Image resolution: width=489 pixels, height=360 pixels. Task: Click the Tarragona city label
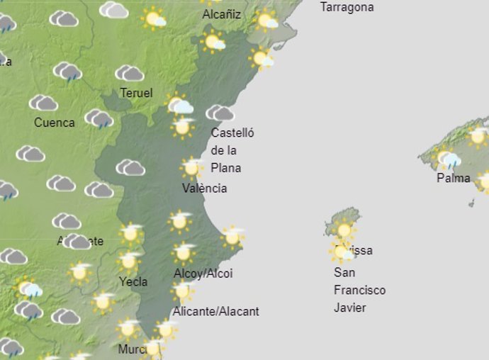pos(347,7)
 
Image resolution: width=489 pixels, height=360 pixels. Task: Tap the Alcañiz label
pos(221,14)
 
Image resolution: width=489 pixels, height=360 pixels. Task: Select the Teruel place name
pos(136,93)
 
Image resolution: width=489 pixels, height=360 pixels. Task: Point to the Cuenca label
pos(54,123)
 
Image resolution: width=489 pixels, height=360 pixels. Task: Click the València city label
pos(204,188)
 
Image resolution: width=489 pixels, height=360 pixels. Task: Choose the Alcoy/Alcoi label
pos(203,274)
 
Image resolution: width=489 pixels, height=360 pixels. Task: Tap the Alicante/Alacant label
pos(215,311)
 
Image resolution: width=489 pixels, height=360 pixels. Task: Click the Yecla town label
pos(133,281)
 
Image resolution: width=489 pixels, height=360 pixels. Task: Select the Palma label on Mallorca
pos(453,178)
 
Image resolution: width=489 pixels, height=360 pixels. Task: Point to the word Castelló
pos(232,133)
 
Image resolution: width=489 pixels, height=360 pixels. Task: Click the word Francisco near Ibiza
pos(359,290)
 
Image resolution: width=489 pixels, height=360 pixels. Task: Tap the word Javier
pos(350,308)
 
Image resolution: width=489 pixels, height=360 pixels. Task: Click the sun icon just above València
pos(191,167)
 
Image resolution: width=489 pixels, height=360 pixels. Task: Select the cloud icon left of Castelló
pos(220,113)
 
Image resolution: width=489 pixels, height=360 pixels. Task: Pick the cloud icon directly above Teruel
pos(130,73)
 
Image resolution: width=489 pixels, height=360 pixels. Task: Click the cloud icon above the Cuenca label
pos(43,103)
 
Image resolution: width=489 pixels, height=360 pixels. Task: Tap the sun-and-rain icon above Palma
pos(448,159)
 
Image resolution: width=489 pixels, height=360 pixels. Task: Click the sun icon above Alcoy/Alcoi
pos(184,252)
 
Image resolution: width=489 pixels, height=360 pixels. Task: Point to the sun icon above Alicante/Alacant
pos(182,291)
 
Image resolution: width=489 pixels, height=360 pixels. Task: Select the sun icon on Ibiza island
pos(344,230)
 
